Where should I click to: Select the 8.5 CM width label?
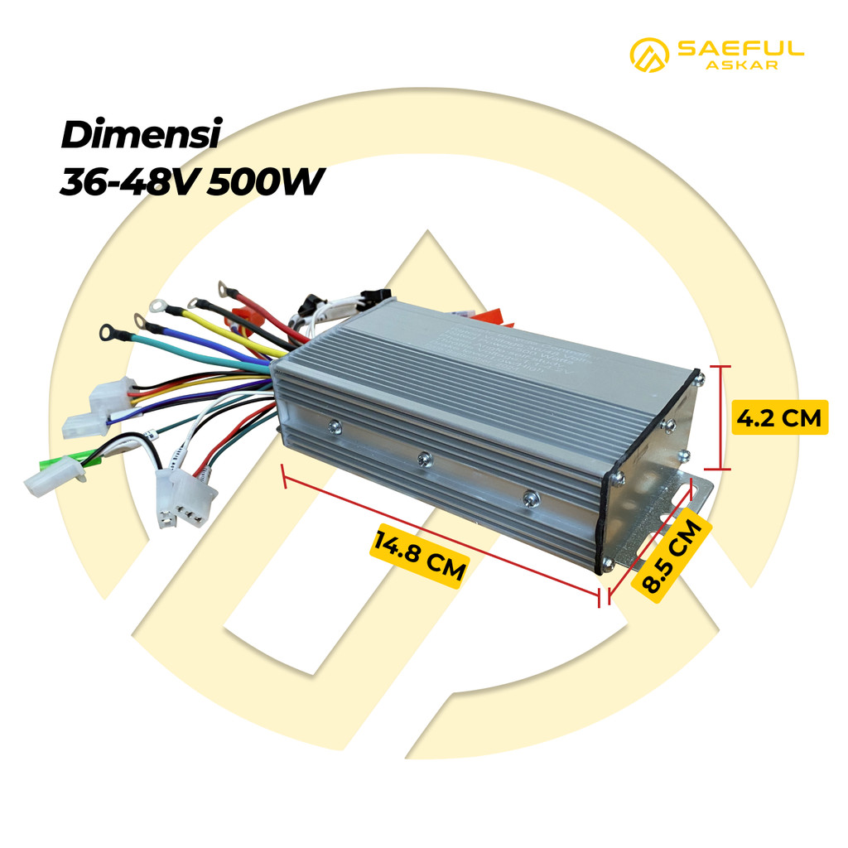[672, 553]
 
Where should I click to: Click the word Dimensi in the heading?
[140, 135]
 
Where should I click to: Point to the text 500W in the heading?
[262, 183]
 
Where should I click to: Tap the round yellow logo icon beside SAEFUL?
[650, 55]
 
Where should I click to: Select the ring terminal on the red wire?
[224, 288]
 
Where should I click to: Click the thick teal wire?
[190, 348]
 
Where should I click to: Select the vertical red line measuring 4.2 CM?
[721, 417]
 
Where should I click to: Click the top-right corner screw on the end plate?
[701, 380]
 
